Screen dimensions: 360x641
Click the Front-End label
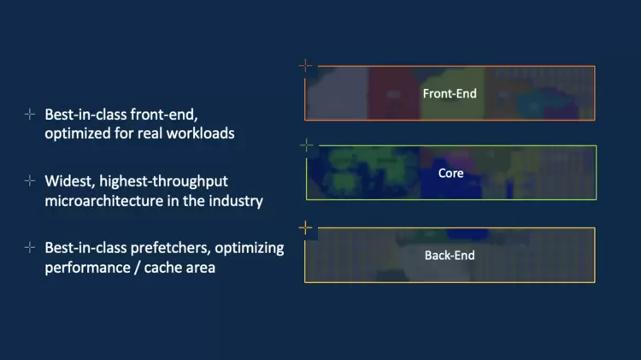coord(450,92)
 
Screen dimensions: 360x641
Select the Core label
coord(450,173)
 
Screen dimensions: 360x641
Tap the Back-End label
coord(450,255)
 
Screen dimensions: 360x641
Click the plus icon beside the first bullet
coord(30,114)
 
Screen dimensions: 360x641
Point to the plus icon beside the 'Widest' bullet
coord(30,181)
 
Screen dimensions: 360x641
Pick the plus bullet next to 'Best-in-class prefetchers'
coord(30,248)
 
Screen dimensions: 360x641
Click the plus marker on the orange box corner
coord(306,65)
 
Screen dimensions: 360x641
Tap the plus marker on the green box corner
coord(307,145)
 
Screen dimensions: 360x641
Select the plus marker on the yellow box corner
coord(306,227)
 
